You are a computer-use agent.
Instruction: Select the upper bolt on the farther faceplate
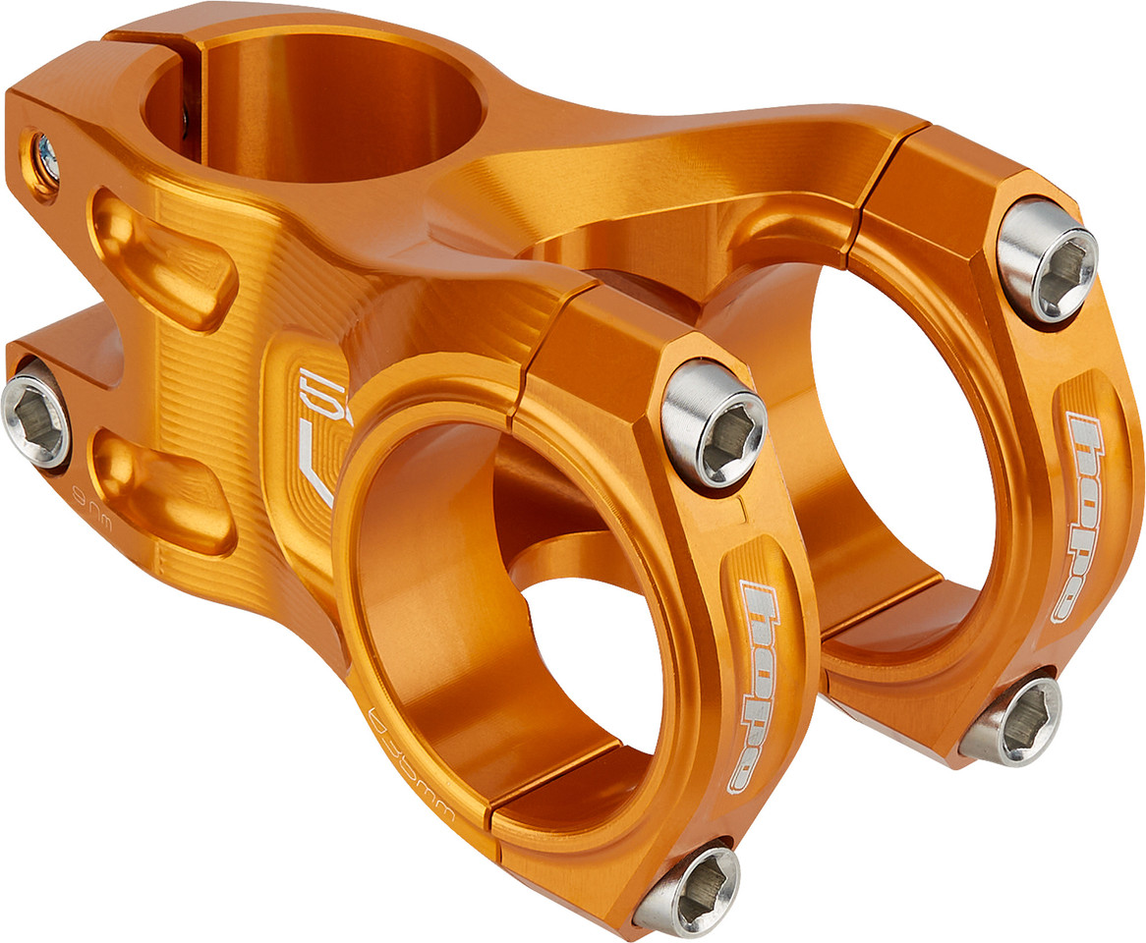pos(1046,259)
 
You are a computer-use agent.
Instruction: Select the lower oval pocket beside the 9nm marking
pos(162,481)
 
